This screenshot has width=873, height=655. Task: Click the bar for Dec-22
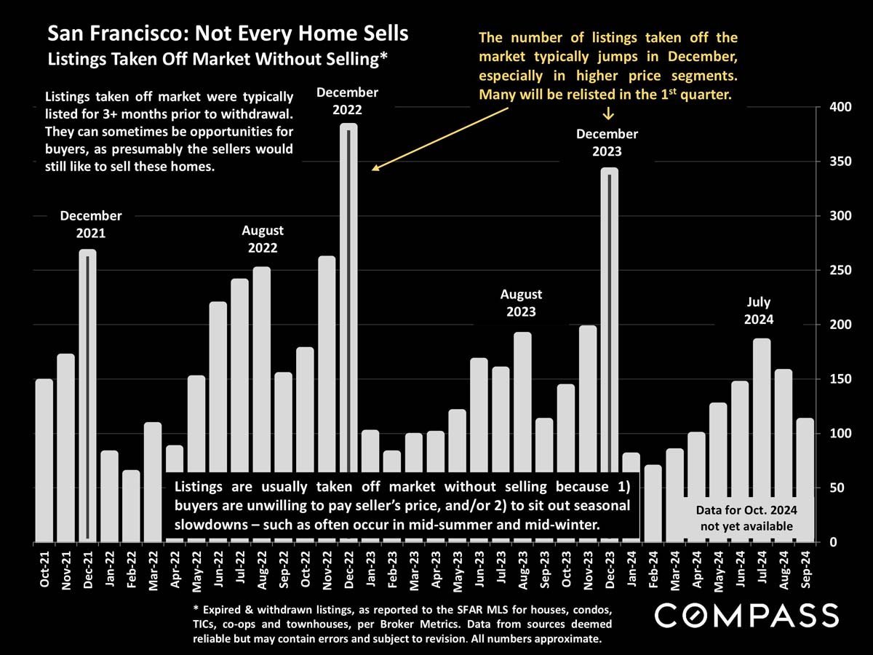348,291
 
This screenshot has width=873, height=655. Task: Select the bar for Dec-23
609,327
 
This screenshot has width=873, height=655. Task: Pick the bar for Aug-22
262,364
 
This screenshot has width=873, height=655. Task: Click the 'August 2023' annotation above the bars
522,303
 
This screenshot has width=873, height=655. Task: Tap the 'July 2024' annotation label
761,311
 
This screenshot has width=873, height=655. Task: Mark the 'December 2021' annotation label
91,224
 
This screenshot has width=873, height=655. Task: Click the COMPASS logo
746,615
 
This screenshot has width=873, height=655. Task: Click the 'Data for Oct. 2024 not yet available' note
746,517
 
